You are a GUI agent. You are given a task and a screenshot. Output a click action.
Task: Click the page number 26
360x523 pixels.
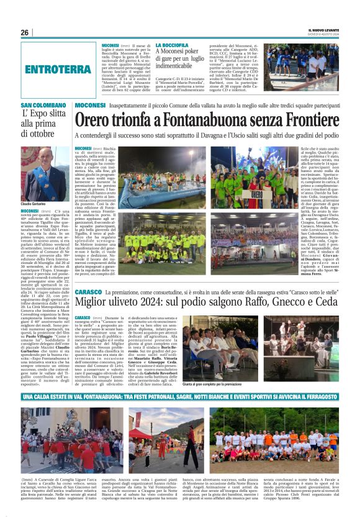tap(25, 32)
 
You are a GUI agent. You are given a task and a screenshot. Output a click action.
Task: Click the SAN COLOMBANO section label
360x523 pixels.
tap(43, 106)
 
